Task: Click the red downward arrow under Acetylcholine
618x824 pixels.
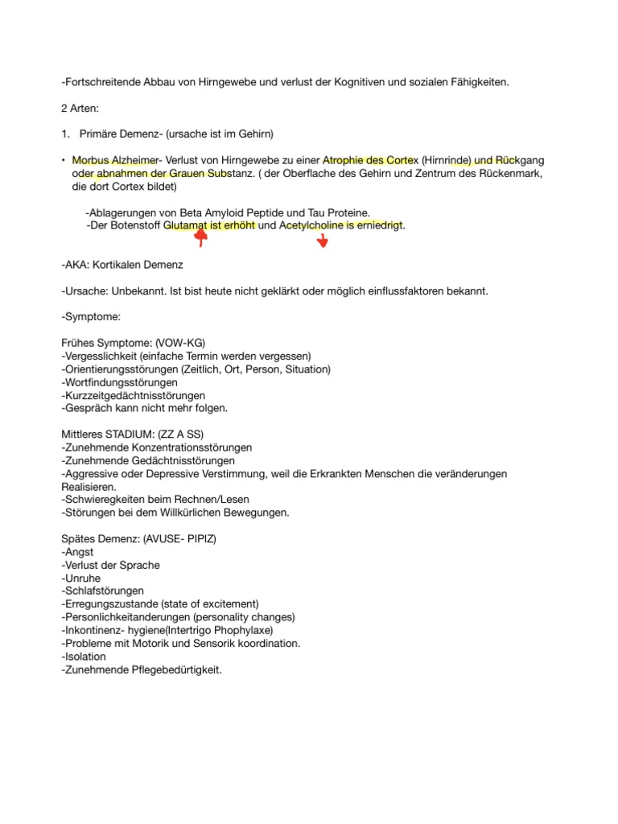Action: click(323, 241)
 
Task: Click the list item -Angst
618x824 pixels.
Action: click(77, 552)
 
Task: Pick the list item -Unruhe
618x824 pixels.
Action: click(80, 579)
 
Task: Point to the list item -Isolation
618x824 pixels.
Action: click(83, 657)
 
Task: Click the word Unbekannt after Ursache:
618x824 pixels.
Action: click(139, 290)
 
